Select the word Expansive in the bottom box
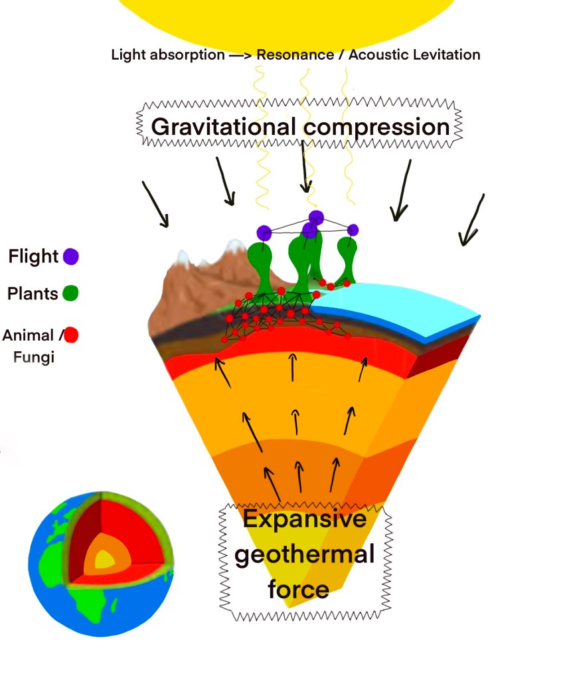click(304, 519)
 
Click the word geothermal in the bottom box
click(305, 554)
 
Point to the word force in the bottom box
click(299, 589)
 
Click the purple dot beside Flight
click(70, 256)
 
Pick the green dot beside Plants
click(70, 293)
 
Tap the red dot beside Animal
click(70, 335)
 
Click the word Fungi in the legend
click(34, 357)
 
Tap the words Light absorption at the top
click(168, 55)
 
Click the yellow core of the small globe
click(104, 559)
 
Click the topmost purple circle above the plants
click(316, 217)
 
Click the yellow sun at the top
click(285, 17)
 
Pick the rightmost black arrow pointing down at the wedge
click(472, 219)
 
